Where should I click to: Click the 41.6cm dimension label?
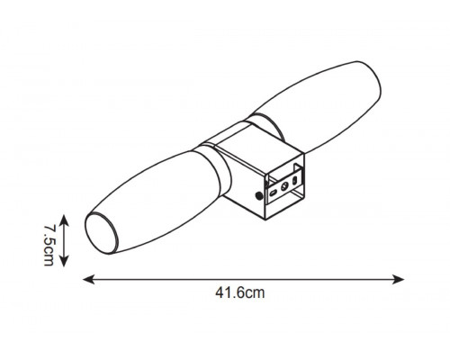tap(240, 292)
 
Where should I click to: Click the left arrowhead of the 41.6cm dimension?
tap(88, 279)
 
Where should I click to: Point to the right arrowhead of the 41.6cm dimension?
tap(399, 279)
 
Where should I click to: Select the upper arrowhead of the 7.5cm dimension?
tap(64, 220)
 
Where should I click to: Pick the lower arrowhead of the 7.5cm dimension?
tap(64, 261)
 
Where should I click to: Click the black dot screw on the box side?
tap(258, 196)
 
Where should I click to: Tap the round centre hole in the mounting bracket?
tap(284, 186)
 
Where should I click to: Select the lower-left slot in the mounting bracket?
tap(273, 193)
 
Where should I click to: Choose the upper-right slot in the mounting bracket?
tap(295, 180)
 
